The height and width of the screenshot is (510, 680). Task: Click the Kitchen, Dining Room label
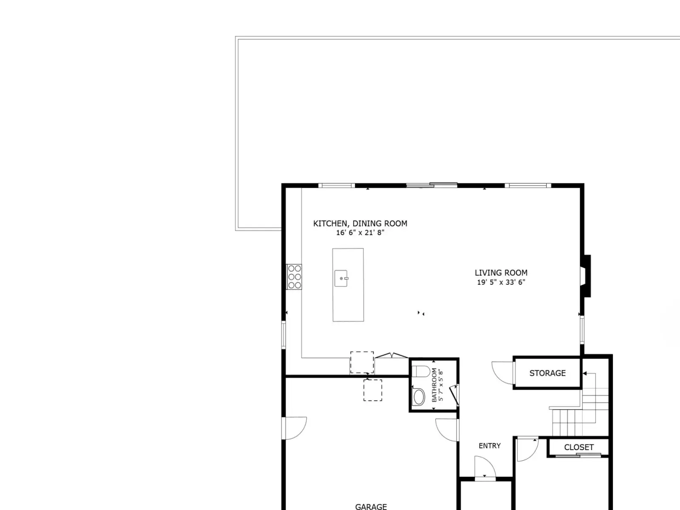tap(360, 224)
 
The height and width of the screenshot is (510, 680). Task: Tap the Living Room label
tap(501, 273)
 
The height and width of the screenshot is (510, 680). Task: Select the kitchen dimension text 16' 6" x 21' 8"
tap(360, 232)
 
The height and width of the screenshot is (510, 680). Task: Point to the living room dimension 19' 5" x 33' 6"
tap(501, 282)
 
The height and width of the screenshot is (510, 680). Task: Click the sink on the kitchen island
tap(341, 278)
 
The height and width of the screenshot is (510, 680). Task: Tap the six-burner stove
tap(294, 277)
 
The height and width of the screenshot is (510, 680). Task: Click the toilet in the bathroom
tap(421, 371)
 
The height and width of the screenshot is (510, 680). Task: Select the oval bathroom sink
tap(419, 397)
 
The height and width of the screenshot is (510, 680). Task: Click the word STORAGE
tap(547, 373)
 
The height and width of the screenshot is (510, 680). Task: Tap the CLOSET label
tap(579, 447)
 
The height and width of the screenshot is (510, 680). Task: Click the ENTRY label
tap(490, 445)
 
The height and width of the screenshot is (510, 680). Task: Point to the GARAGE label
tap(371, 507)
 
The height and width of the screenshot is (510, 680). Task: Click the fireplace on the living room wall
tap(586, 276)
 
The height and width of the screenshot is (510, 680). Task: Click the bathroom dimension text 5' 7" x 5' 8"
tap(441, 385)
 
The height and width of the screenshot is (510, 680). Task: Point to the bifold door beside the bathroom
tap(391, 355)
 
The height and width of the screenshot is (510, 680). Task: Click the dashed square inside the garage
tap(373, 390)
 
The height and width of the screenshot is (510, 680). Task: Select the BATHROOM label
tap(434, 385)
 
